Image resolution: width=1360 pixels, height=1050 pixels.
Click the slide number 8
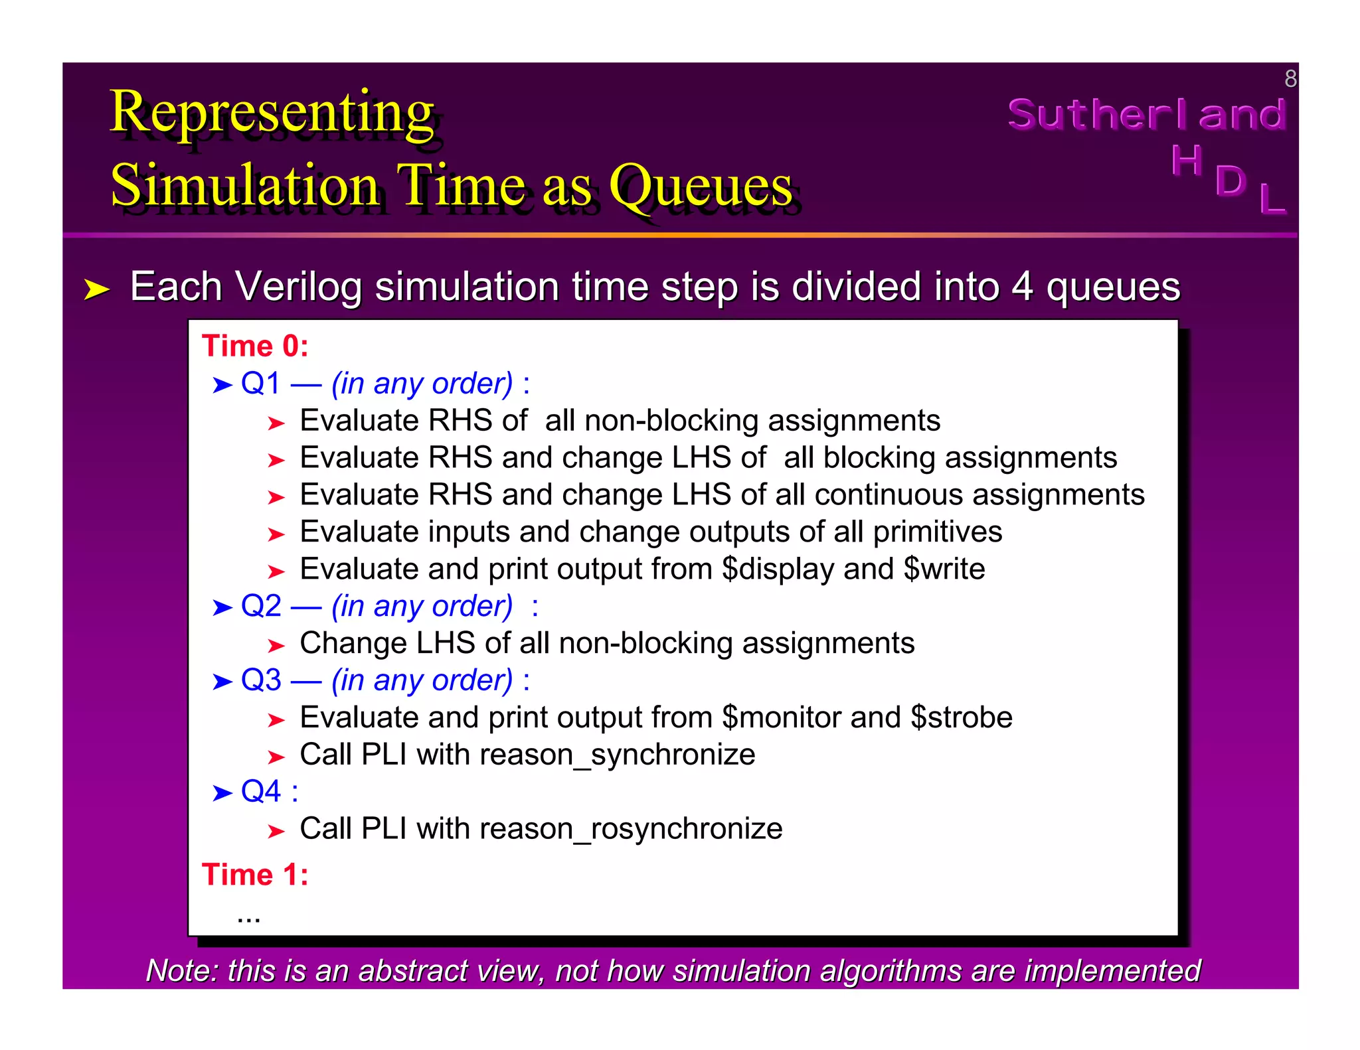(1290, 79)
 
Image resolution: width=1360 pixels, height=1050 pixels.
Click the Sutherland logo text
(1147, 114)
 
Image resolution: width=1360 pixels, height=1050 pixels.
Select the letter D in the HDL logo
(1230, 181)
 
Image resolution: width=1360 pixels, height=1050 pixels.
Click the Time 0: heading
(256, 346)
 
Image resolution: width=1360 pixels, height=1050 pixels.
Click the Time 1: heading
(256, 875)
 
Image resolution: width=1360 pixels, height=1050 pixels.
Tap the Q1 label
(260, 384)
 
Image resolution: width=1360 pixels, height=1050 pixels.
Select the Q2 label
(260, 606)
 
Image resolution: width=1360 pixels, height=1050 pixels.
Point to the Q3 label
(260, 680)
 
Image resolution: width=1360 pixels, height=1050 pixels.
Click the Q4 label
(260, 791)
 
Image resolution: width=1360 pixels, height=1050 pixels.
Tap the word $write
(944, 569)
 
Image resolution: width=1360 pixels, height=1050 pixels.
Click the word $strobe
(961, 717)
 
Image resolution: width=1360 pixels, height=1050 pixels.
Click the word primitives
(937, 532)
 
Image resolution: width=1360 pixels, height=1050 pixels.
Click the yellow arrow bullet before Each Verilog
(97, 289)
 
